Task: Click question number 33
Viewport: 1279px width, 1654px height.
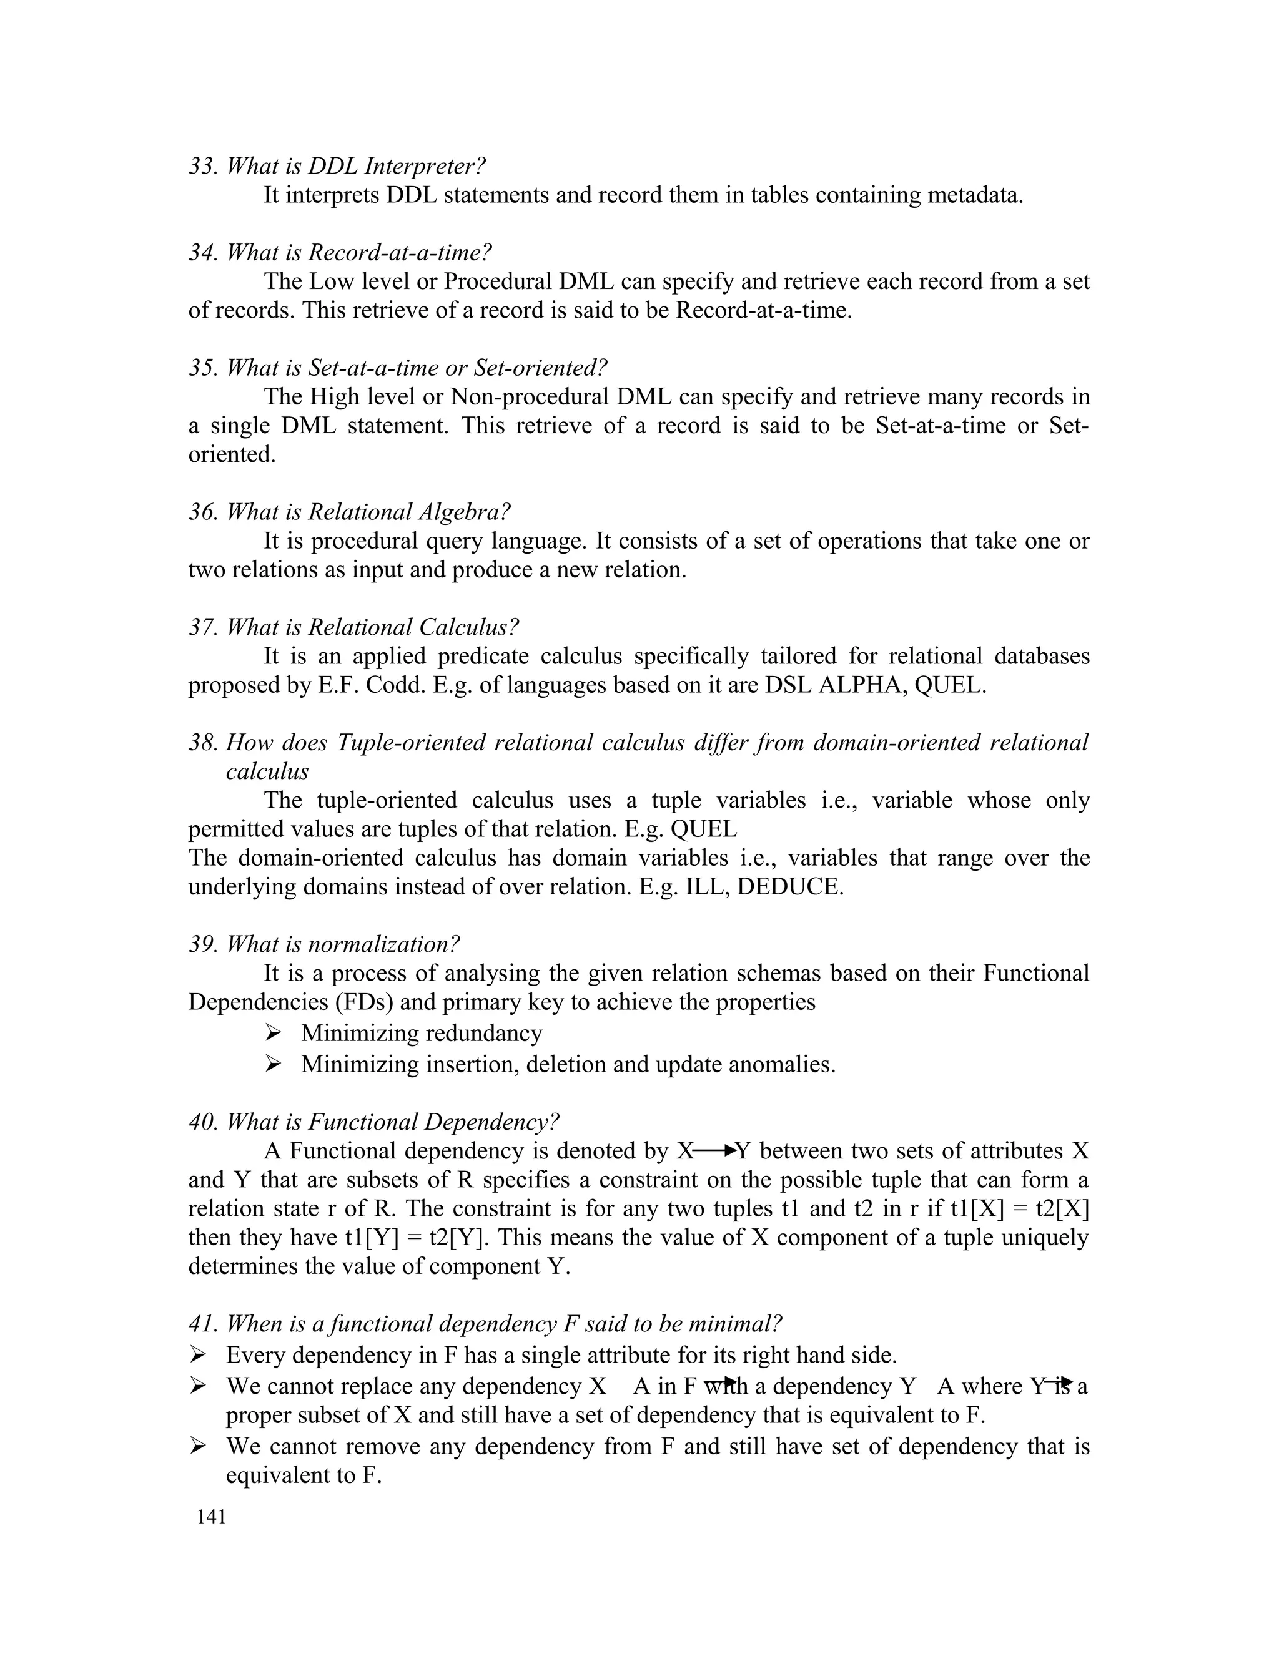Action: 203,166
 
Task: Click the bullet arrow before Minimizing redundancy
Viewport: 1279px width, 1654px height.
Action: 274,1032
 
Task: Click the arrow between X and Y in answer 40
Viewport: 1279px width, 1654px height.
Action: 715,1151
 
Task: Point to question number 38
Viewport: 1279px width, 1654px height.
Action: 203,743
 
